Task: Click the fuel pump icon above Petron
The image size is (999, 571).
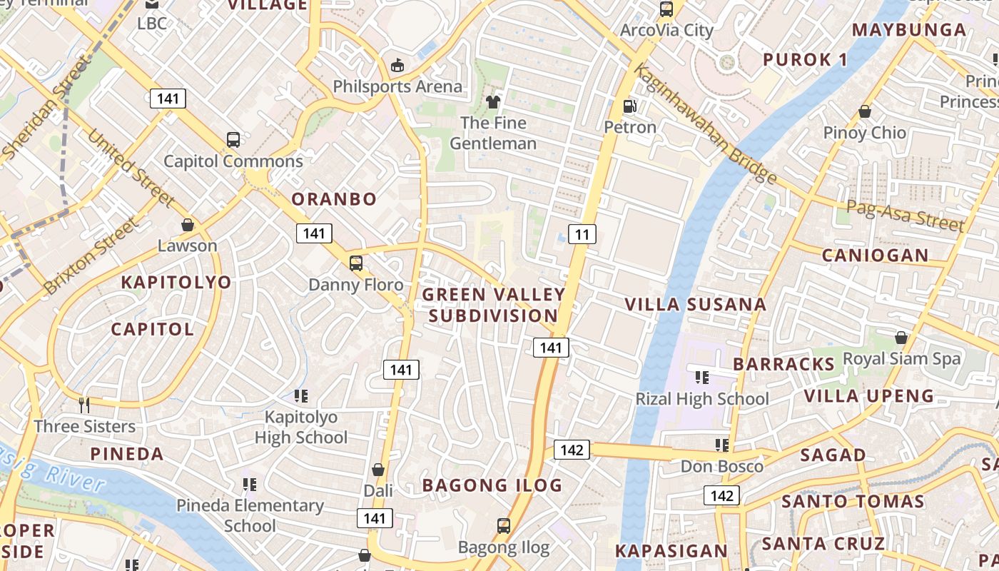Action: (x=630, y=106)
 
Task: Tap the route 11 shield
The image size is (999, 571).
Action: (x=582, y=234)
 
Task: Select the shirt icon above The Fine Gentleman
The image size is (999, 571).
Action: (x=493, y=102)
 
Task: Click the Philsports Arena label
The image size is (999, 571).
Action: (x=397, y=87)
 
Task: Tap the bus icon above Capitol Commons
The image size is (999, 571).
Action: (x=233, y=140)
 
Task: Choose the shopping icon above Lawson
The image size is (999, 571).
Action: (x=188, y=225)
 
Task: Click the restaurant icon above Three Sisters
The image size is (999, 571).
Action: (x=84, y=405)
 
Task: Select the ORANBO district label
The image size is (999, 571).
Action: (x=334, y=199)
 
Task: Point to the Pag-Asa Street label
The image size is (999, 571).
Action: (x=905, y=216)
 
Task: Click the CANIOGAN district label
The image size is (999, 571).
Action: (x=875, y=256)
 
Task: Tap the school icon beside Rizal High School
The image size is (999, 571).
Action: (x=701, y=377)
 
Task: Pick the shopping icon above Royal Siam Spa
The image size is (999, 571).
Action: (x=901, y=337)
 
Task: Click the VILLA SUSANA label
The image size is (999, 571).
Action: (x=695, y=305)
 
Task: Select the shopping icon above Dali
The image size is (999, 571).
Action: (x=378, y=470)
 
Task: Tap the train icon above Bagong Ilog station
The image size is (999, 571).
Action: (x=504, y=526)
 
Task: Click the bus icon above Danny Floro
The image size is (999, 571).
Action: (x=356, y=263)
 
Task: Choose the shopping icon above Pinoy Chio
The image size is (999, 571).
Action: (x=865, y=111)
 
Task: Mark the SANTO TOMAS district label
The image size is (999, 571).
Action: (x=853, y=501)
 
